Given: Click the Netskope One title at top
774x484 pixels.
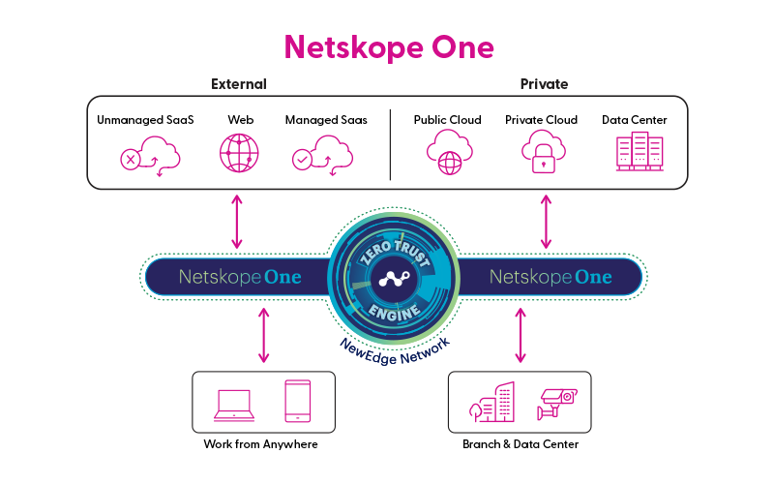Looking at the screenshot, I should [388, 45].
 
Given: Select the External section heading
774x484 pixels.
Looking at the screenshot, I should [238, 84].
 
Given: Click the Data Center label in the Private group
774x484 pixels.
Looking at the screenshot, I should [634, 120].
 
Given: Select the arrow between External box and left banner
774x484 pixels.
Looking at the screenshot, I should [236, 222].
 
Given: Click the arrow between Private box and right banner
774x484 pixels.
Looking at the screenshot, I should [546, 222].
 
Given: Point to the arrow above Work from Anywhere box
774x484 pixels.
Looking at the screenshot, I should [262, 336].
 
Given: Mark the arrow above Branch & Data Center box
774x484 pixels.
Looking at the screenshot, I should [521, 336].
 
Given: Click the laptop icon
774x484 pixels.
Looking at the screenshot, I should [233, 404].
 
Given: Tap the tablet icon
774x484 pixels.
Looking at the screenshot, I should [298, 401].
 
